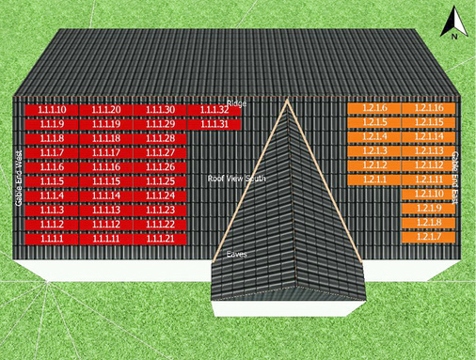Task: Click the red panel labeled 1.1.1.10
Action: pos(52,110)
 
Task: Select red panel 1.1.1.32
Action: pos(215,110)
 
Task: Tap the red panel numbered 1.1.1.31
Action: pos(215,124)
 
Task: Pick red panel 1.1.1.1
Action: pos(52,239)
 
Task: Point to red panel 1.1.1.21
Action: pos(161,239)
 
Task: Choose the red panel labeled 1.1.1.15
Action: pos(106,181)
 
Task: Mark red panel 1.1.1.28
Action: pos(161,139)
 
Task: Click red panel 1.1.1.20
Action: pos(106,110)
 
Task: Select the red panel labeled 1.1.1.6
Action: pos(52,167)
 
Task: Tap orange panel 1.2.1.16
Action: pos(429,109)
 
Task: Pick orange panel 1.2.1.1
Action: pos(374,180)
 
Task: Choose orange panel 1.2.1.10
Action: pos(429,194)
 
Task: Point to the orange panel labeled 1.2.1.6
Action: pos(374,109)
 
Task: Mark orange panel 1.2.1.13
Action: pos(429,151)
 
